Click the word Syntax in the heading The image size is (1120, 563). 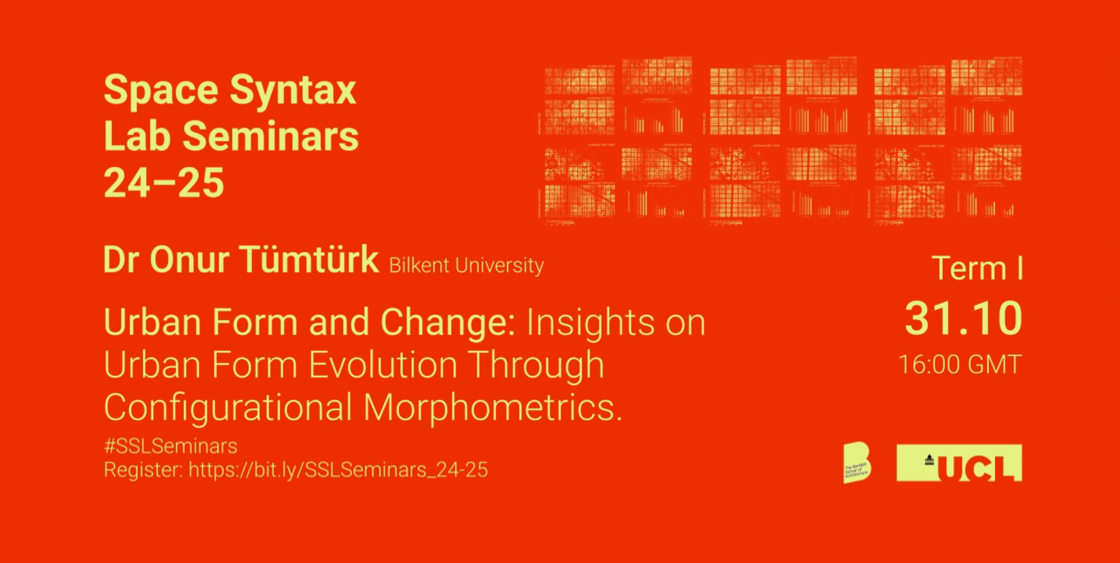pos(293,91)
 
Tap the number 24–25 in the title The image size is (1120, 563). pos(164,183)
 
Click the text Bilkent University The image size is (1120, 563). pos(466,266)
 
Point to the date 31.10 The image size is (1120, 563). pos(962,318)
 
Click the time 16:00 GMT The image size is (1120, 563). pos(960,365)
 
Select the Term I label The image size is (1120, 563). pos(977,268)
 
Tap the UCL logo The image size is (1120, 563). pos(959,463)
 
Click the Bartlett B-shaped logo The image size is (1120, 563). pos(857,462)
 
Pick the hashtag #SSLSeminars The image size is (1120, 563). pos(171,446)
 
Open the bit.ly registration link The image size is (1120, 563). pos(338,470)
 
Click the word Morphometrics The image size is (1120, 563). pos(493,408)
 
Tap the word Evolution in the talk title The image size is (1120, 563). pos(383,365)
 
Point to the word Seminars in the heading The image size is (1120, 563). pos(270,137)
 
